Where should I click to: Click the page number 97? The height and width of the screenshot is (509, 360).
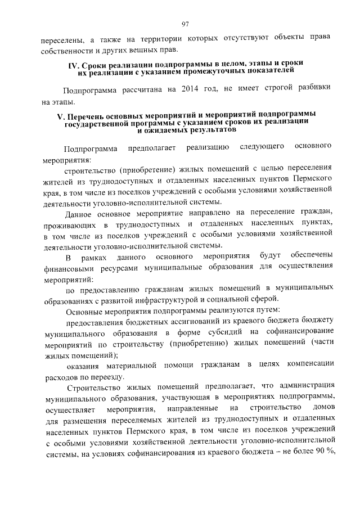click(x=185, y=23)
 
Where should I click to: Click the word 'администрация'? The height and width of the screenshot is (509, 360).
click(x=304, y=387)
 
